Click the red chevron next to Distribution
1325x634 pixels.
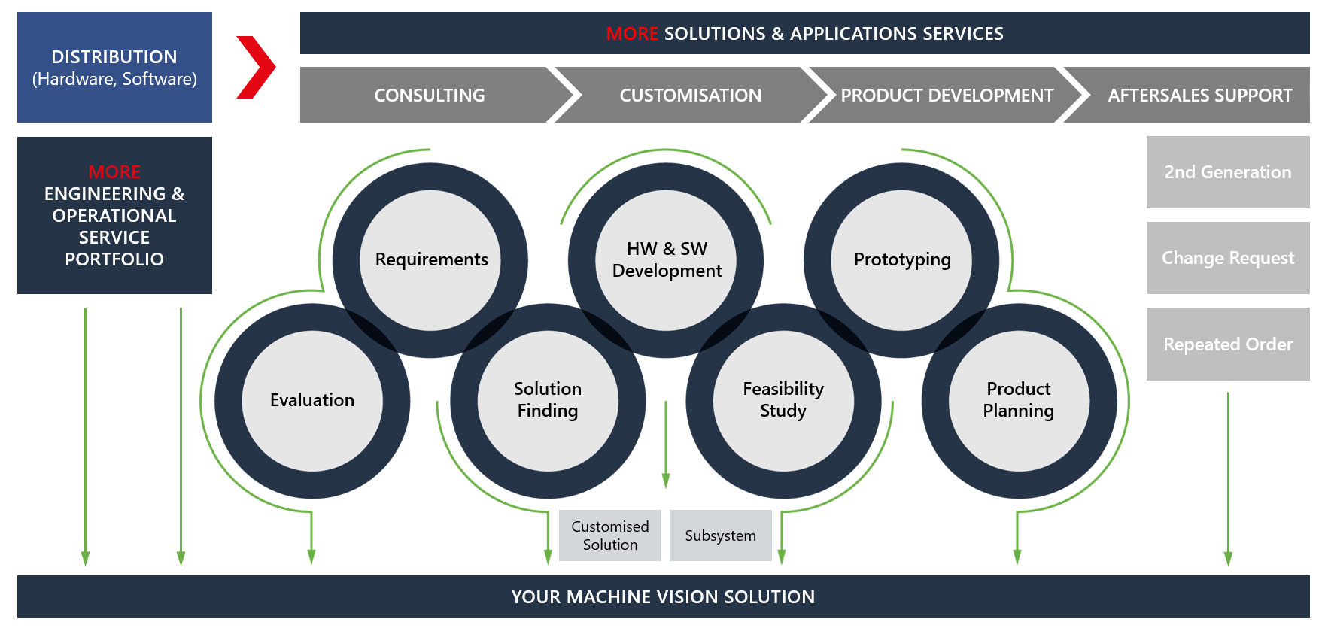point(256,67)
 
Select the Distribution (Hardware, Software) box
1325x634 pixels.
point(114,68)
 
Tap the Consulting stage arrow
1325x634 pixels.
point(430,96)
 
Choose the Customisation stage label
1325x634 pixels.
point(690,96)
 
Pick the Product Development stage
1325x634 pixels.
point(947,96)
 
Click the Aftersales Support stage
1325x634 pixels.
point(1199,96)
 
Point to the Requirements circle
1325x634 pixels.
point(431,259)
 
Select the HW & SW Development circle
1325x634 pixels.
point(667,259)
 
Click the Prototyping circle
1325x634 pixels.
point(902,259)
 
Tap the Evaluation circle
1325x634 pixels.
point(312,400)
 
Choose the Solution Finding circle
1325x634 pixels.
point(548,400)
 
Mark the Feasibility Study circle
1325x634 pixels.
point(783,400)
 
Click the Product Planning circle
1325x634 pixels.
point(1019,400)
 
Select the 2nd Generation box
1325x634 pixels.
point(1228,172)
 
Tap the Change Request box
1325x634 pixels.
point(1228,258)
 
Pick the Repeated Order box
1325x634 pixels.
point(1228,344)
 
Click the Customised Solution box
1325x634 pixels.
point(610,535)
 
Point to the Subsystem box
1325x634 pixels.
point(721,535)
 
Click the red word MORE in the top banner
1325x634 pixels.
point(632,34)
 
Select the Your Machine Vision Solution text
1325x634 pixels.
point(663,597)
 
